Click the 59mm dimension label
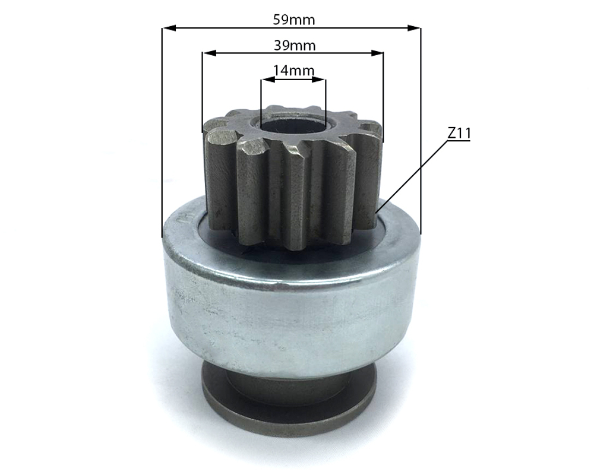pyautogui.click(x=293, y=19)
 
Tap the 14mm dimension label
pyautogui.click(x=293, y=71)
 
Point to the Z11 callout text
pyautogui.click(x=459, y=134)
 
